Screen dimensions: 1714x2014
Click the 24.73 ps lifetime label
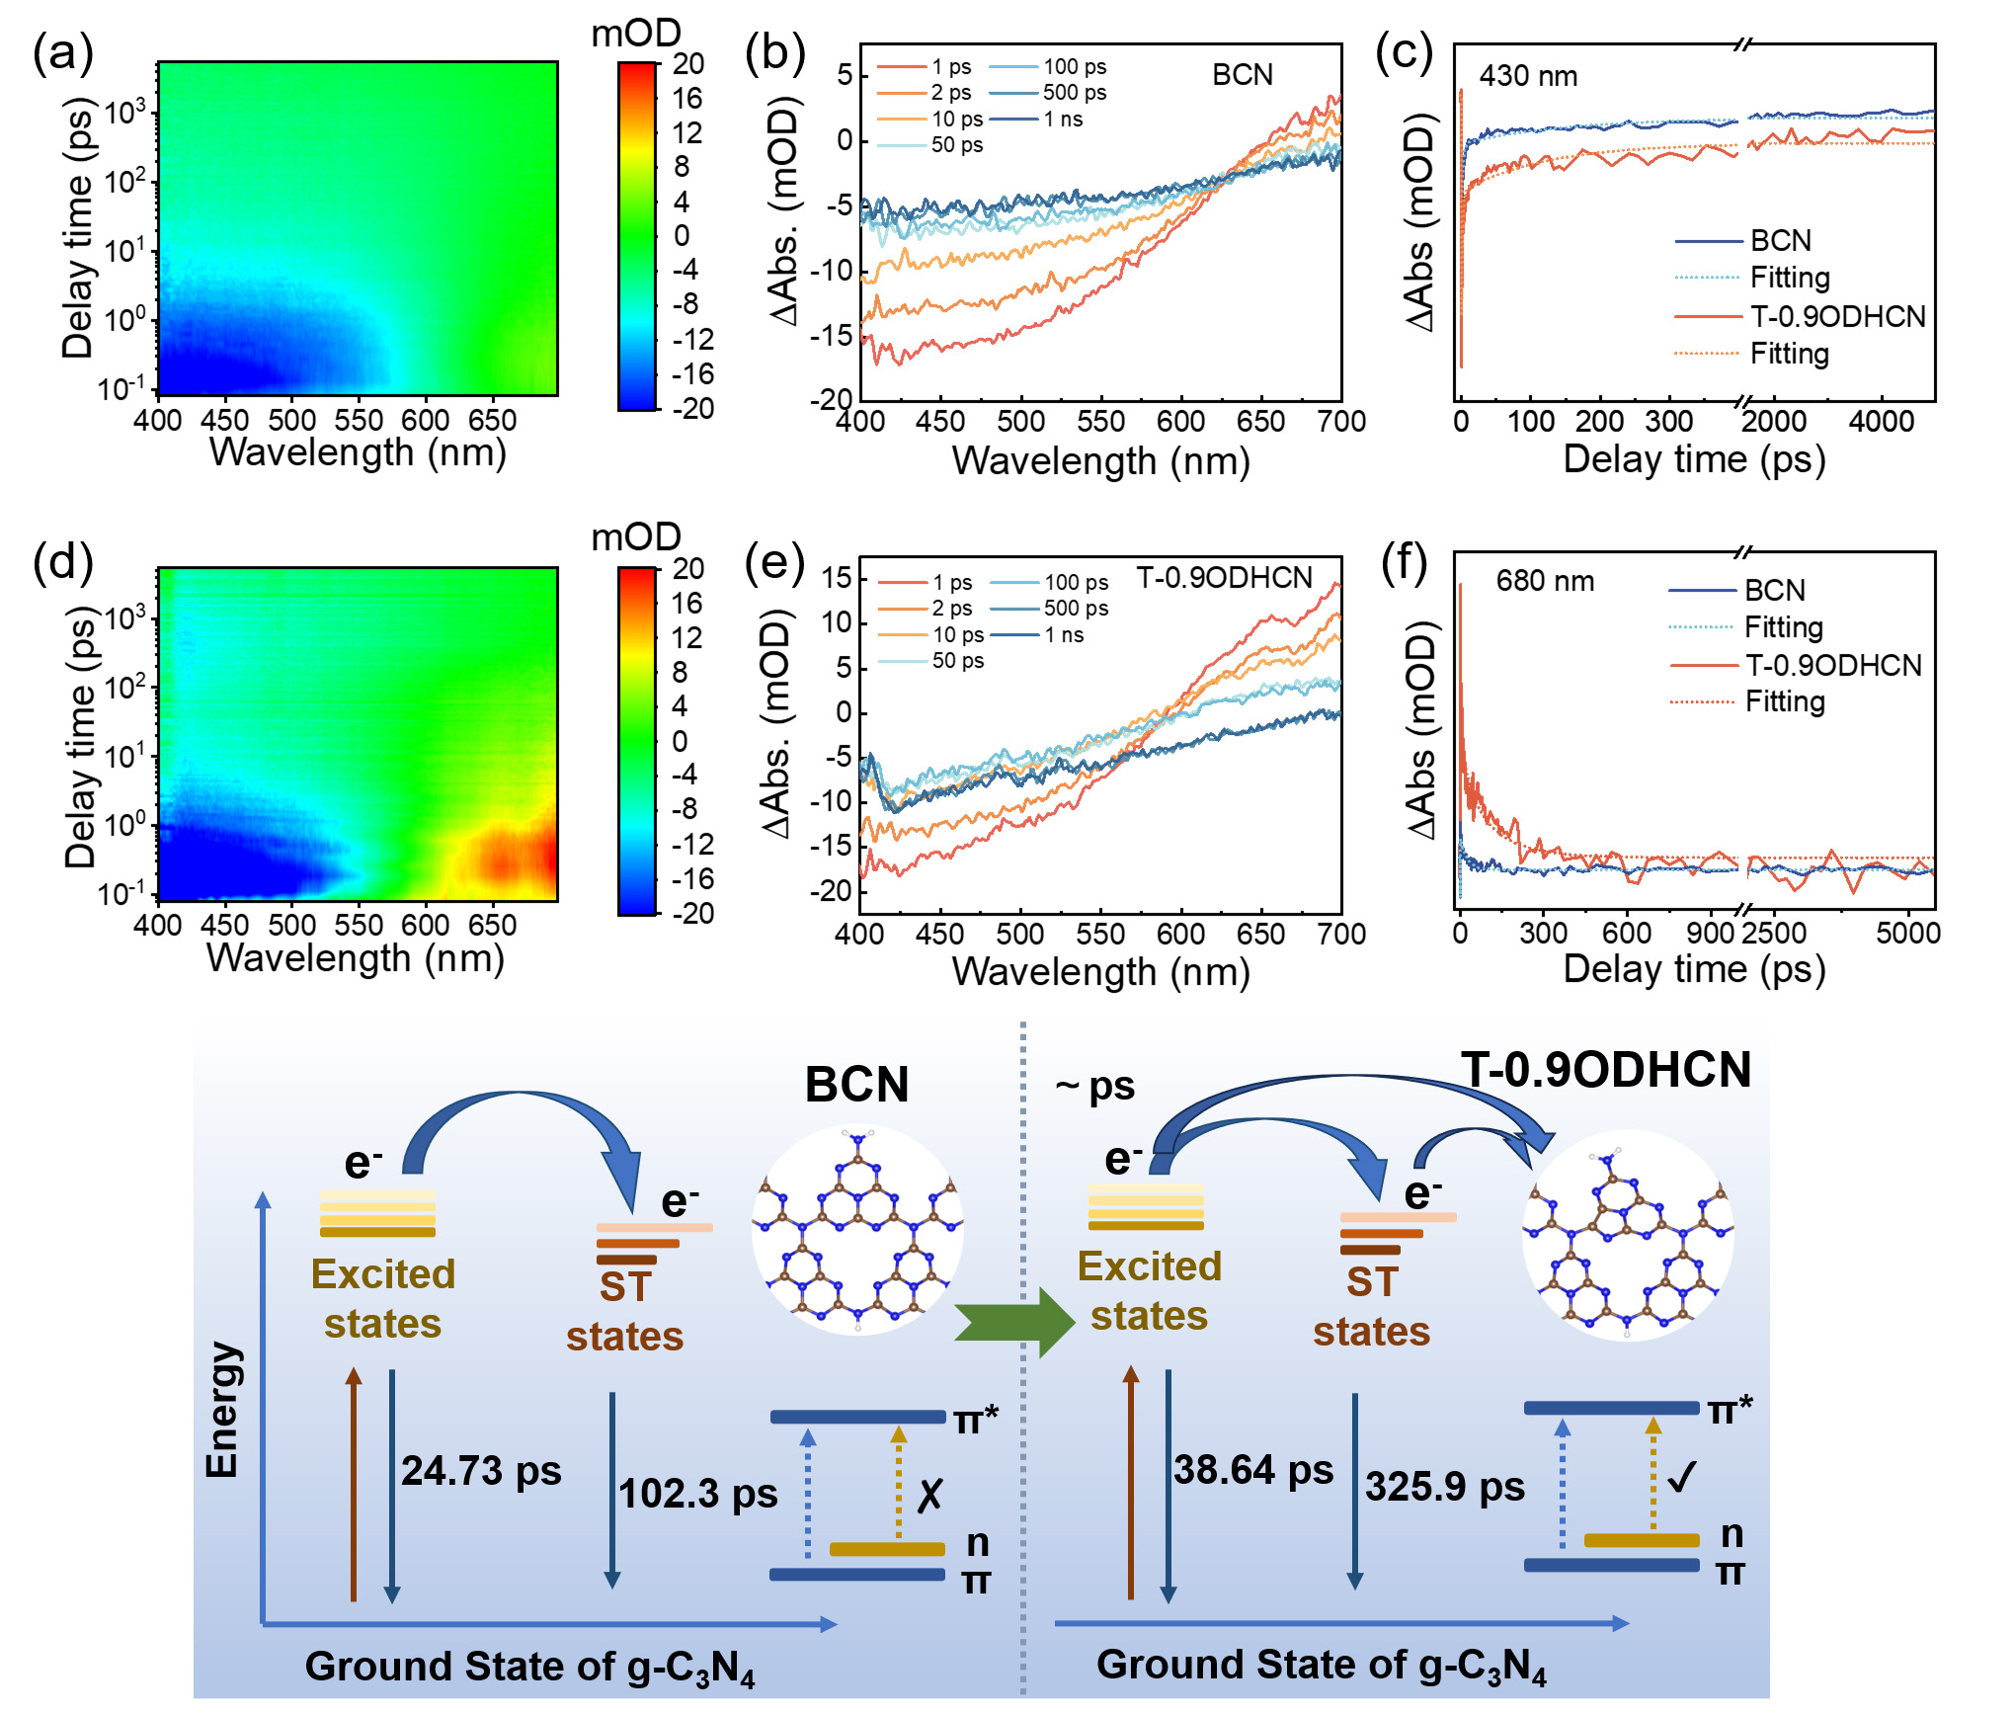(481, 1471)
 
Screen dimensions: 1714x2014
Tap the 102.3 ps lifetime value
(698, 1493)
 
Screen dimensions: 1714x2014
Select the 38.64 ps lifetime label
(1253, 1470)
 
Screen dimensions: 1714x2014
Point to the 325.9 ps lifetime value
(1445, 1487)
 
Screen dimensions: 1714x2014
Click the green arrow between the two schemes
(1013, 1322)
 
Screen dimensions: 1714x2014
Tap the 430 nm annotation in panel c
(1528, 76)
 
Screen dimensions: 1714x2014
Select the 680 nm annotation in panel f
(1545, 581)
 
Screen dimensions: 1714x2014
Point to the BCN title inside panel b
(1242, 75)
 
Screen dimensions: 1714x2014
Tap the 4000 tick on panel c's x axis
(1881, 422)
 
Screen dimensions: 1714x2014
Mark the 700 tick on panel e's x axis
(1341, 934)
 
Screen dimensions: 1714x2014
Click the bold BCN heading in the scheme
(856, 1085)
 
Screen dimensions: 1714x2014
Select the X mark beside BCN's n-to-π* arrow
(929, 1496)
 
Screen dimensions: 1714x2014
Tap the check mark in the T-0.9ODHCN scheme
(1681, 1478)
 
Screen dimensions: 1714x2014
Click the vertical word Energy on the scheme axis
(222, 1410)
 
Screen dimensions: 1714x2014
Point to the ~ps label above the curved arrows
(1094, 1087)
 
